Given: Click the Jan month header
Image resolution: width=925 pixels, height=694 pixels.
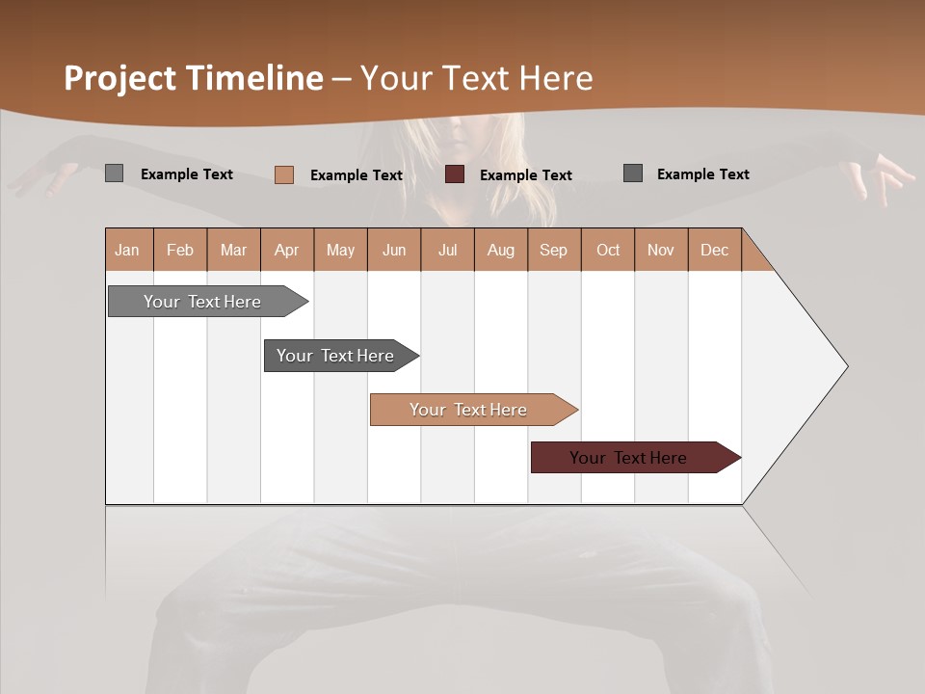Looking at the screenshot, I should tap(128, 250).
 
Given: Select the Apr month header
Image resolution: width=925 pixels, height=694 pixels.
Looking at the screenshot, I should tap(287, 250).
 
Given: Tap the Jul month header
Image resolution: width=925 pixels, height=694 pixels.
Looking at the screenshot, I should tap(447, 250).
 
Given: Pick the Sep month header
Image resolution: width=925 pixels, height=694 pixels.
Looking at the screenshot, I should tap(554, 250).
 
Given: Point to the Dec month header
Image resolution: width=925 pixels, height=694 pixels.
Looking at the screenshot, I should tap(714, 250).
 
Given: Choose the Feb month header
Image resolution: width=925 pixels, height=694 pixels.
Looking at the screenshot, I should tap(180, 250).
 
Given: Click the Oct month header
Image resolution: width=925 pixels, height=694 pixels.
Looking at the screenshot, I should tap(608, 250).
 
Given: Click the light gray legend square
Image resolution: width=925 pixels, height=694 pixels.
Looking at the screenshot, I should tap(114, 173).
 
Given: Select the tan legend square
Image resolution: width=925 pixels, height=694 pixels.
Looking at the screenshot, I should tap(283, 174).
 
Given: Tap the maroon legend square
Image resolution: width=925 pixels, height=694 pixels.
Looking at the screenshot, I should tap(454, 174).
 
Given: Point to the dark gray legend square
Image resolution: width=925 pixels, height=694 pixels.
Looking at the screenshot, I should tap(632, 173).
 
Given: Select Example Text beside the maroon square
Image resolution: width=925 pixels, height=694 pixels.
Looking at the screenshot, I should tap(525, 175).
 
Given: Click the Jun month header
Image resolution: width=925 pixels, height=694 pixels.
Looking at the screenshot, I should tap(394, 250).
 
